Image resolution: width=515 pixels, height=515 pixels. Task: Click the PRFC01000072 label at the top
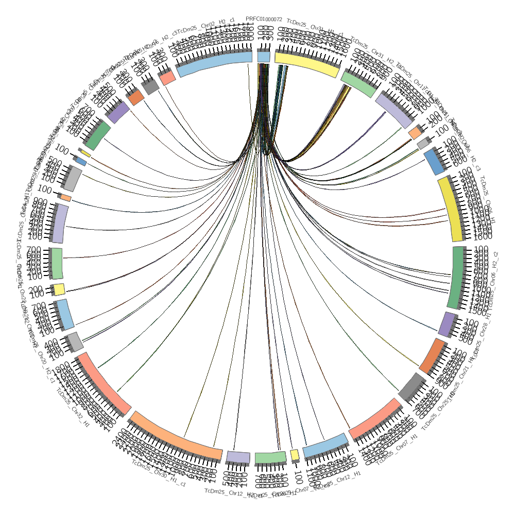tap(264, 19)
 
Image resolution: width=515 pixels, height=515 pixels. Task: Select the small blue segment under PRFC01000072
tap(264, 57)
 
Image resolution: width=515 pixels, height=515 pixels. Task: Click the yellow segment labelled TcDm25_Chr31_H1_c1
tap(307, 65)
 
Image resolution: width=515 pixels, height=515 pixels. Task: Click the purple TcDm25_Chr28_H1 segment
tap(447, 324)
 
